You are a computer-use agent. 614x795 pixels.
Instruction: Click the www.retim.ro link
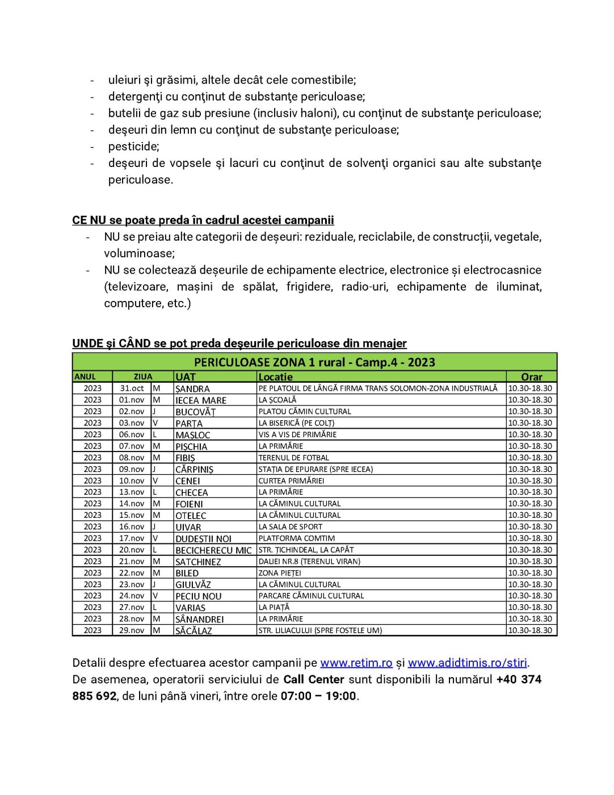coord(356,663)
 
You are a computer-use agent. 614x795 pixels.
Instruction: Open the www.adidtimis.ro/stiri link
coord(468,663)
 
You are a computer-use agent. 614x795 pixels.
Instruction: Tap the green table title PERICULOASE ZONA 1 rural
coord(314,362)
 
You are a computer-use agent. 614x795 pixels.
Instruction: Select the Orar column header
coord(531,376)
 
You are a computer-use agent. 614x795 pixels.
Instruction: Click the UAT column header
coord(186,376)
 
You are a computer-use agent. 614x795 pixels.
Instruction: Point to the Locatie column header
coord(276,376)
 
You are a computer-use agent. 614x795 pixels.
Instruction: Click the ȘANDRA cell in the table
coord(192,388)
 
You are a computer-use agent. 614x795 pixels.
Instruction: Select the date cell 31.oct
coord(132,388)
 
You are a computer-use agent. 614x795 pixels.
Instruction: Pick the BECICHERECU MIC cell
coord(213,550)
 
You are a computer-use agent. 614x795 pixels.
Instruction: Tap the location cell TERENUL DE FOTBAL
coord(293,458)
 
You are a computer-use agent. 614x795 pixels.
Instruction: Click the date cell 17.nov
coord(132,538)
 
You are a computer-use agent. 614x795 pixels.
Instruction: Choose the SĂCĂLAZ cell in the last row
coord(194,630)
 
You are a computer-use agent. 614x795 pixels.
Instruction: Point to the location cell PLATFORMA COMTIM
coord(296,538)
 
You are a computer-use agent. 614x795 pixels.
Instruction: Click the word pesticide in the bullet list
coord(133,147)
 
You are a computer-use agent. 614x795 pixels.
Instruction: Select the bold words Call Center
coord(314,680)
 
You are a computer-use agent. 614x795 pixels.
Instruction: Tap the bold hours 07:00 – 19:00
coord(318,696)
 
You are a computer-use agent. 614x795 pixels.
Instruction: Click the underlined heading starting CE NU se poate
coord(203,220)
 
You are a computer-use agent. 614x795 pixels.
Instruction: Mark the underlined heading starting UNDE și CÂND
coord(239,344)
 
